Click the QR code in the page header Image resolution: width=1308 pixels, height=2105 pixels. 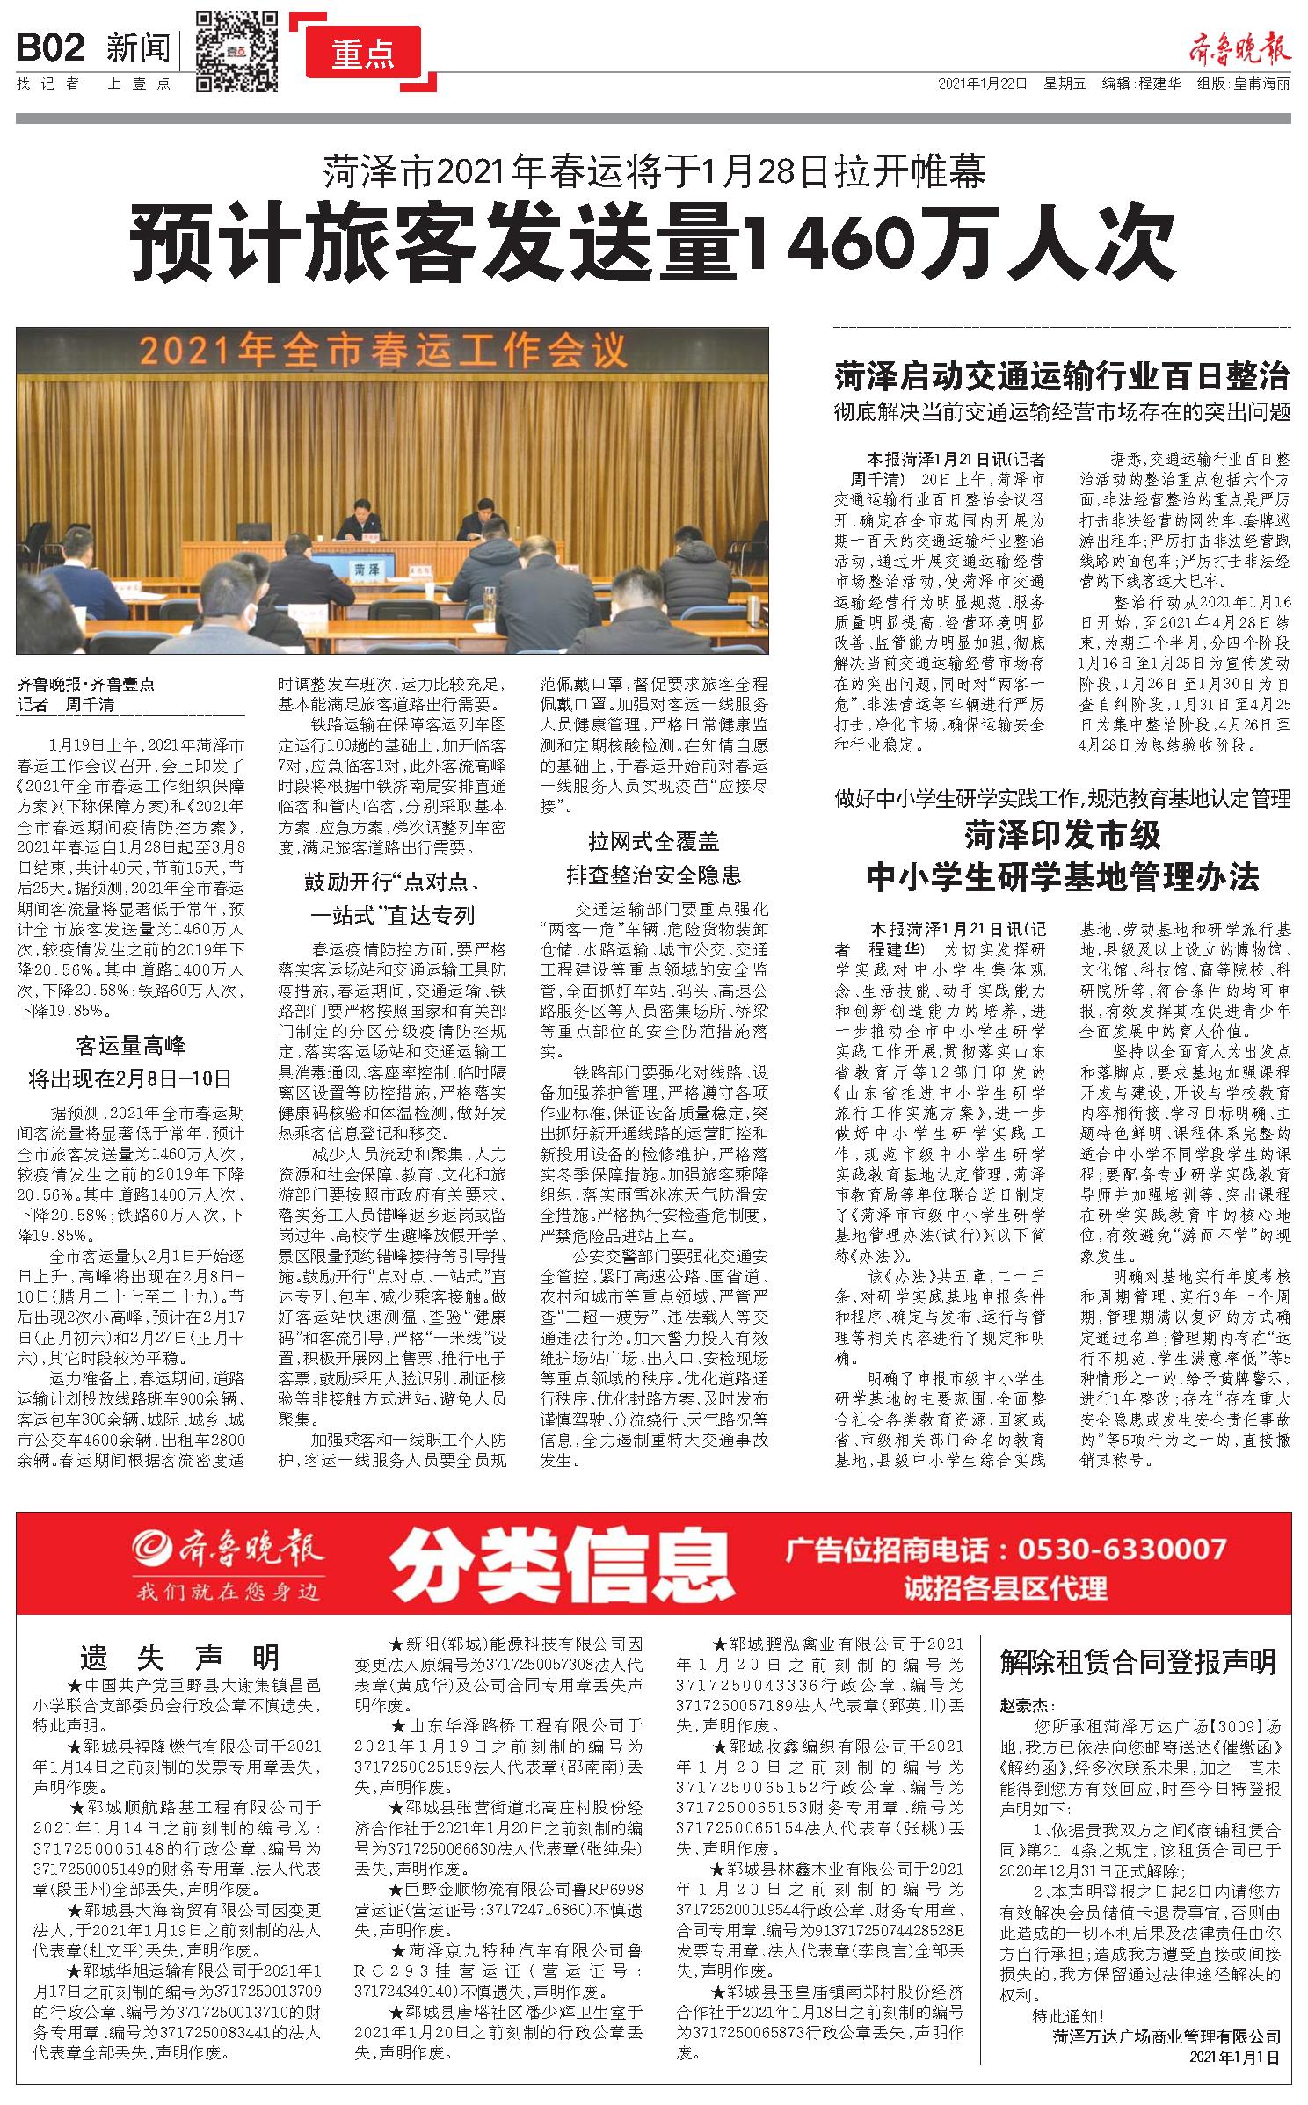[x=236, y=51]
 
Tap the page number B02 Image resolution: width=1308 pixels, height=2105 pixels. [x=50, y=47]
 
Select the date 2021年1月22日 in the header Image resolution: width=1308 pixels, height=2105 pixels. [x=982, y=84]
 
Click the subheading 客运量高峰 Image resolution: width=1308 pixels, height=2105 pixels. [x=130, y=1046]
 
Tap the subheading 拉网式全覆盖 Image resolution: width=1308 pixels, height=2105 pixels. [x=653, y=842]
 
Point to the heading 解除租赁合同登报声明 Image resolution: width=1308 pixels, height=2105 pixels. [x=1137, y=1661]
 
